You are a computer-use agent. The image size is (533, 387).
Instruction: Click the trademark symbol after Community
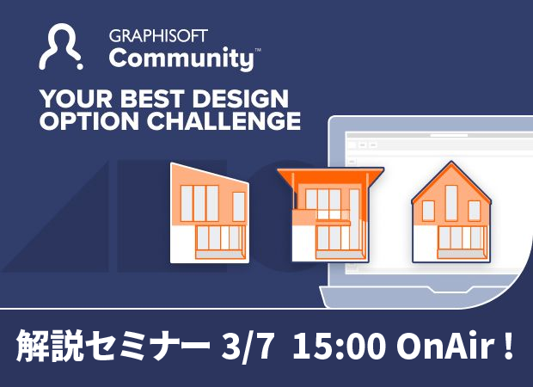click(258, 51)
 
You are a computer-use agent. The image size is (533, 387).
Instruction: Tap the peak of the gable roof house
click(450, 163)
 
